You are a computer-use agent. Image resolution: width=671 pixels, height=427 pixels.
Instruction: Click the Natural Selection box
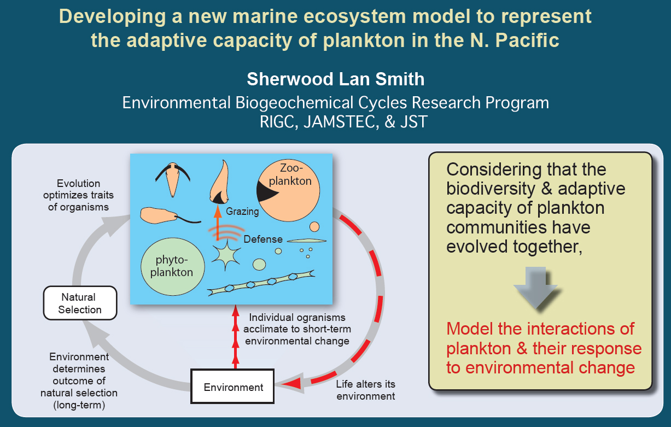click(80, 303)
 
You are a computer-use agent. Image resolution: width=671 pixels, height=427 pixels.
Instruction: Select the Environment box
click(232, 387)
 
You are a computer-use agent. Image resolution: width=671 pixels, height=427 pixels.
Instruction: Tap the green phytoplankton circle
click(173, 266)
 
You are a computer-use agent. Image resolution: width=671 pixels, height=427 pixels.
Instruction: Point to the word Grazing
click(242, 212)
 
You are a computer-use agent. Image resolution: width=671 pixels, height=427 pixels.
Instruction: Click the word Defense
click(263, 239)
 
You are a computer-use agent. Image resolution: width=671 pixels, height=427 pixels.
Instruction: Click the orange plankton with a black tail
click(168, 215)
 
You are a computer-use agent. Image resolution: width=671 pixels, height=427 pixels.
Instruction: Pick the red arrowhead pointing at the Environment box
click(292, 383)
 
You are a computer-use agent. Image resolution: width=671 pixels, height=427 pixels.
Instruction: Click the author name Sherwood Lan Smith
click(336, 79)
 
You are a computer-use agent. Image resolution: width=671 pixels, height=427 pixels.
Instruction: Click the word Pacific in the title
click(527, 40)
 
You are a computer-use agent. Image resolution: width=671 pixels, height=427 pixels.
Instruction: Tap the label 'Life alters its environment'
click(365, 390)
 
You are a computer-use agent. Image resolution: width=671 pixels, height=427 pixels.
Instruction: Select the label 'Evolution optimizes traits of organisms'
click(78, 195)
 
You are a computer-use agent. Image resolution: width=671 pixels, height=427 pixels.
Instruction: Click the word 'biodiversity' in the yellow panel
click(491, 189)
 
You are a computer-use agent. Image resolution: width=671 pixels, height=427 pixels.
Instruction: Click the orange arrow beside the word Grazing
click(218, 223)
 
